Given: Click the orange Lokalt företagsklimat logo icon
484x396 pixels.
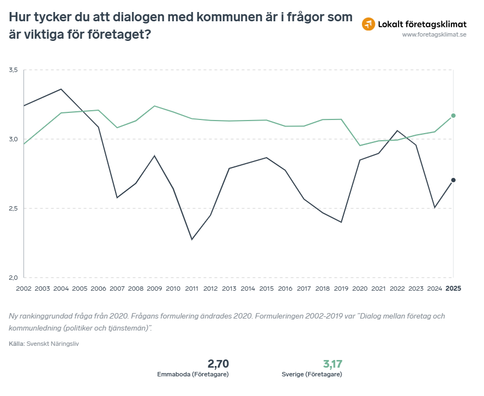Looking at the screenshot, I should (369, 24).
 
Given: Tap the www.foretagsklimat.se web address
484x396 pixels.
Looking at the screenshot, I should (434, 35).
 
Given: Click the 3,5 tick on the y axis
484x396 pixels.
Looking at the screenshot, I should (14, 70).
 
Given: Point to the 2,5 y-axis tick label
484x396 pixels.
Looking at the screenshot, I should (14, 208).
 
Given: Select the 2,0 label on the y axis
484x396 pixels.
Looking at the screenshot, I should (14, 277).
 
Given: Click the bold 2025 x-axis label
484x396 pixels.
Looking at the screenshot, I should (453, 288).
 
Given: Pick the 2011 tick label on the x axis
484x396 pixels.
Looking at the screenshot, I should (191, 288).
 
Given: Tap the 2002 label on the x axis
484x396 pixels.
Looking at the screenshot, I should (24, 288).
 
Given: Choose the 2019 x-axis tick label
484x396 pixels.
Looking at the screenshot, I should (341, 288).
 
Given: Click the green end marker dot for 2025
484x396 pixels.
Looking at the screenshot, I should (453, 116).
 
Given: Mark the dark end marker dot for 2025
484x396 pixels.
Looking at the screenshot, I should (453, 180).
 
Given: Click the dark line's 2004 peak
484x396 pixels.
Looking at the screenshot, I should (61, 89).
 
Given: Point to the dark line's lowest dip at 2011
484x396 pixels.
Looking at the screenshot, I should (191, 239).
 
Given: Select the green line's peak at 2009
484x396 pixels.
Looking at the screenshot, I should (154, 106).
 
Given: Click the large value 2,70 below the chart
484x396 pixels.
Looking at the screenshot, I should (218, 364).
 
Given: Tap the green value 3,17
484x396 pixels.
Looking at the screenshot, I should (333, 364).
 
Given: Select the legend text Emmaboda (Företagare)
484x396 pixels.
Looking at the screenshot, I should (192, 375).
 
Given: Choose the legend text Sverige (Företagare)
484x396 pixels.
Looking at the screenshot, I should (312, 375).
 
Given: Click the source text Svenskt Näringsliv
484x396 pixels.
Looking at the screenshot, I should (53, 344).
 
